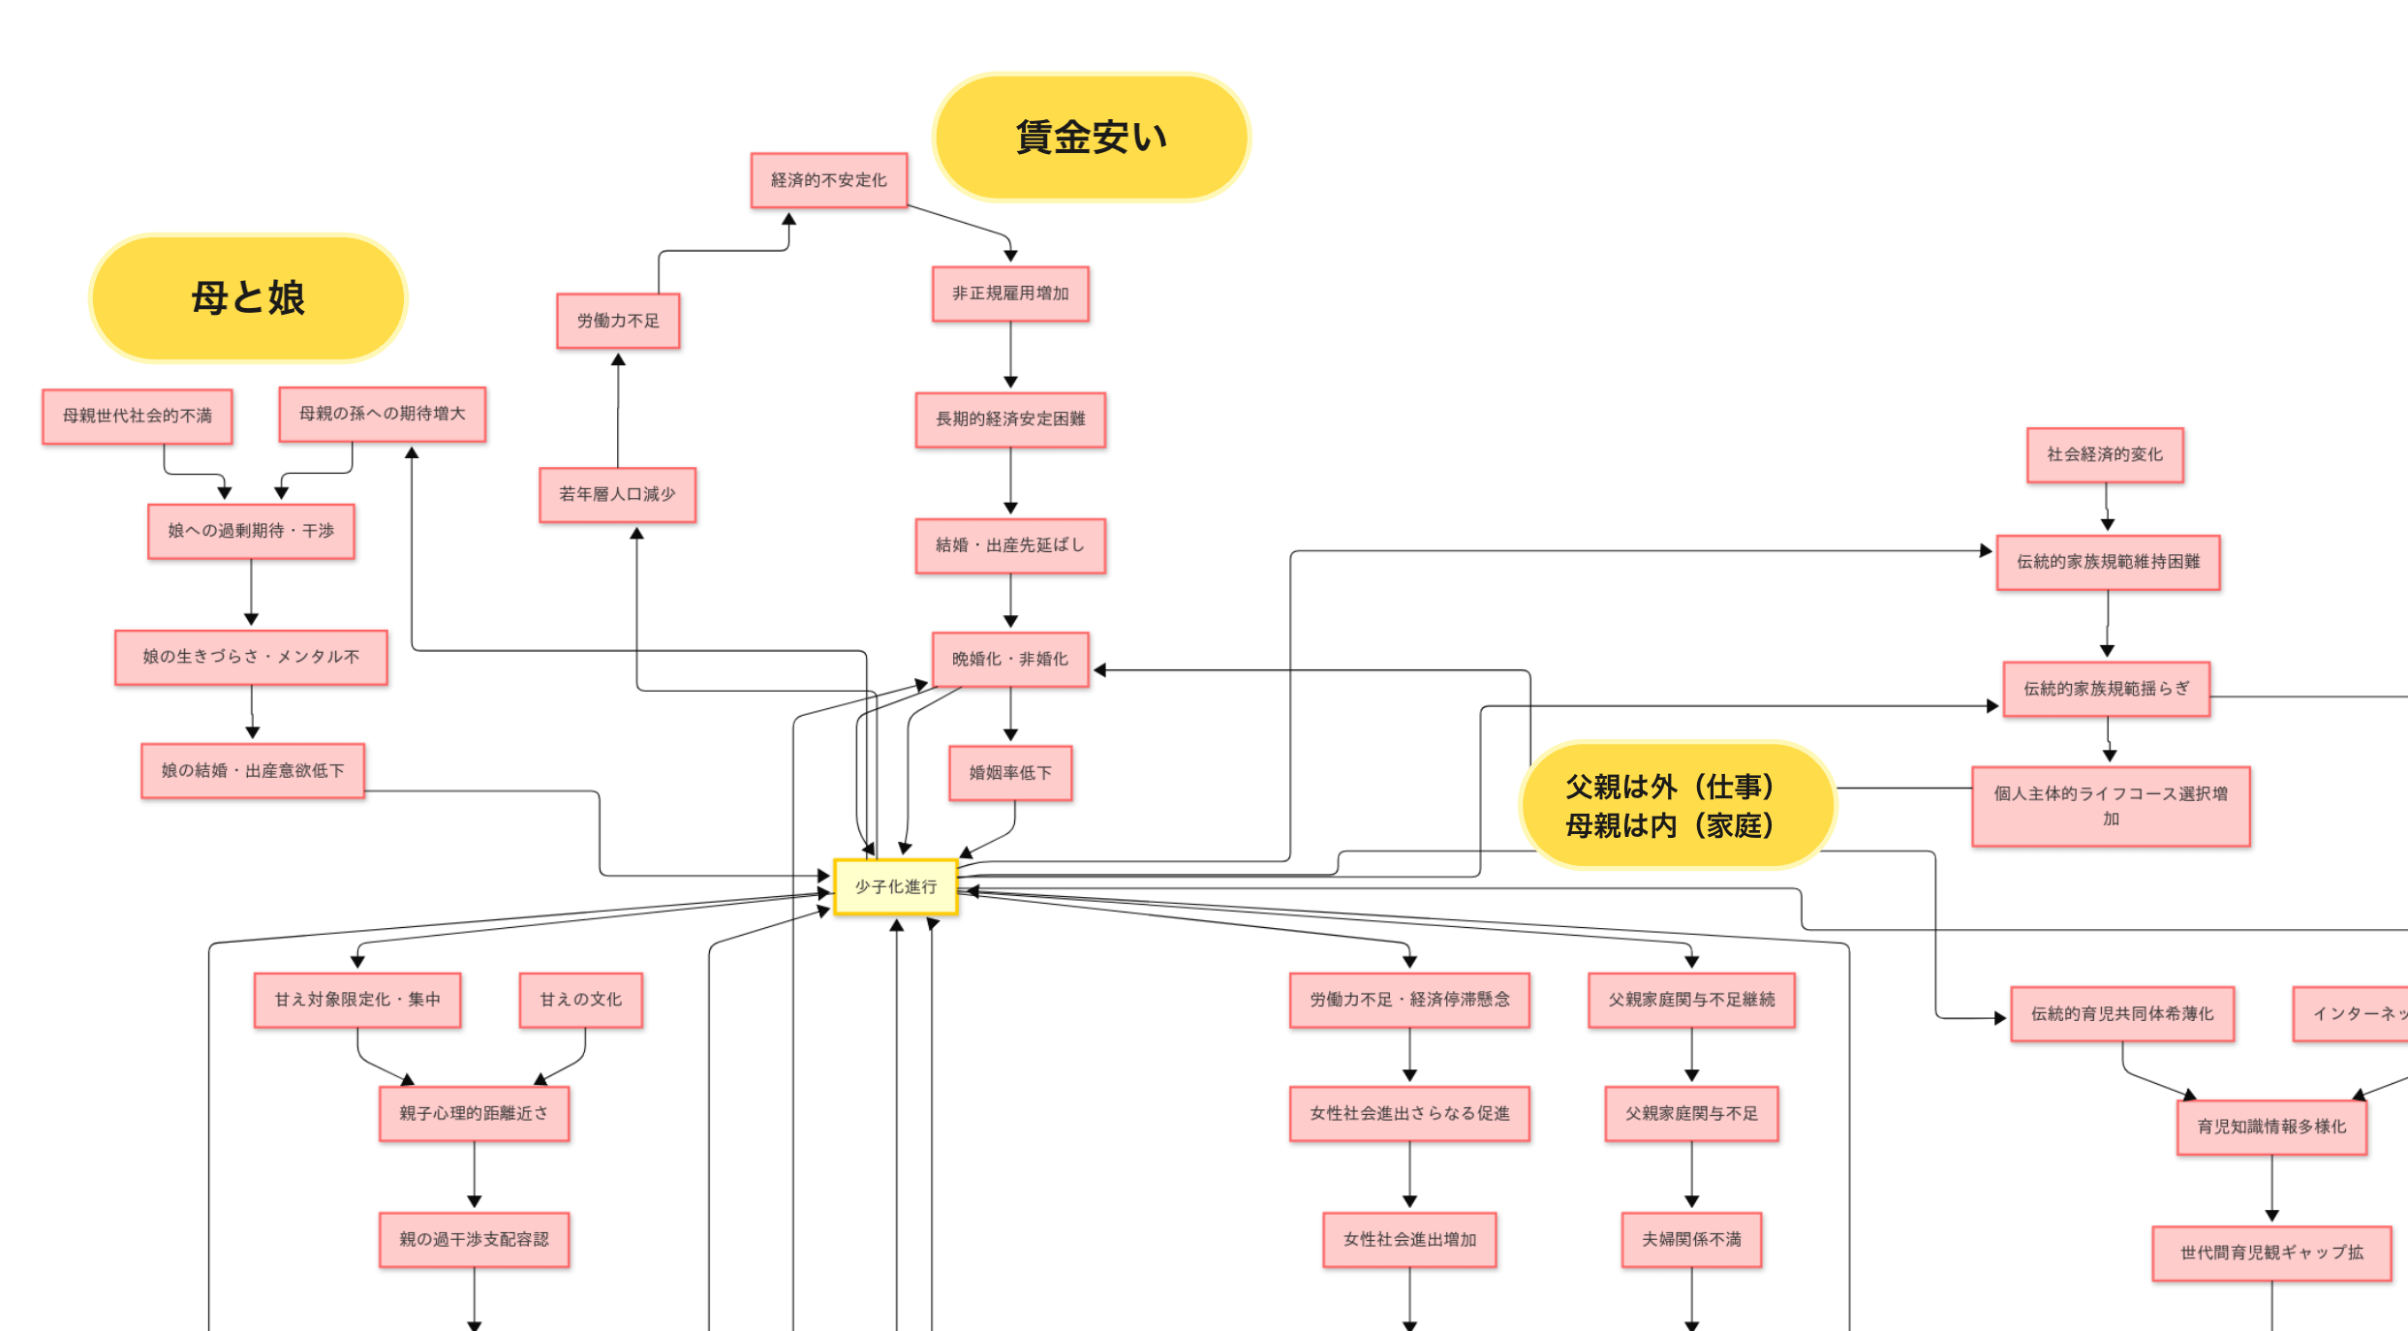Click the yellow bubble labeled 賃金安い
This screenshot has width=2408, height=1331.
point(1091,137)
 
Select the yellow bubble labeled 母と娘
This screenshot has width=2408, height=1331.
point(248,297)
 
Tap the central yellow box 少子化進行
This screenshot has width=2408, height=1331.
point(896,886)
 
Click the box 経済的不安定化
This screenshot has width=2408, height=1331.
point(829,180)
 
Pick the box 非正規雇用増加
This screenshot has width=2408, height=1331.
point(1010,294)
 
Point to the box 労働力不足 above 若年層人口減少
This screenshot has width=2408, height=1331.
point(618,321)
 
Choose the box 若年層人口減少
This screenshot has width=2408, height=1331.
point(617,495)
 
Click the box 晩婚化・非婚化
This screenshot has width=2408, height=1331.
point(1010,660)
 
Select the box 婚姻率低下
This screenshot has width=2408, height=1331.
point(1010,773)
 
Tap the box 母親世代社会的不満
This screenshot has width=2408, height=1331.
point(138,417)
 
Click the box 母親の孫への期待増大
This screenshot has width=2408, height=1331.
point(383,415)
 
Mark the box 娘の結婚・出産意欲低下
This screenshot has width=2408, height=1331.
point(253,771)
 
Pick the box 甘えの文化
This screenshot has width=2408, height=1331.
point(581,1000)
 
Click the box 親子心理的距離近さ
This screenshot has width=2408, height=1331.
point(474,1114)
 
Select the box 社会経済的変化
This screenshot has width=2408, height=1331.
point(2105,455)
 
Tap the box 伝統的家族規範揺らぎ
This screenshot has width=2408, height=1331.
point(2106,690)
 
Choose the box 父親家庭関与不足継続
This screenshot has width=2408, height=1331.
point(1691,1000)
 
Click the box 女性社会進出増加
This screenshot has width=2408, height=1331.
point(1409,1240)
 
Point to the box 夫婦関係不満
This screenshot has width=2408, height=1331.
point(1691,1240)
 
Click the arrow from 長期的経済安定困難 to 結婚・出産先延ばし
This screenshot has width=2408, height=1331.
point(1010,481)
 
